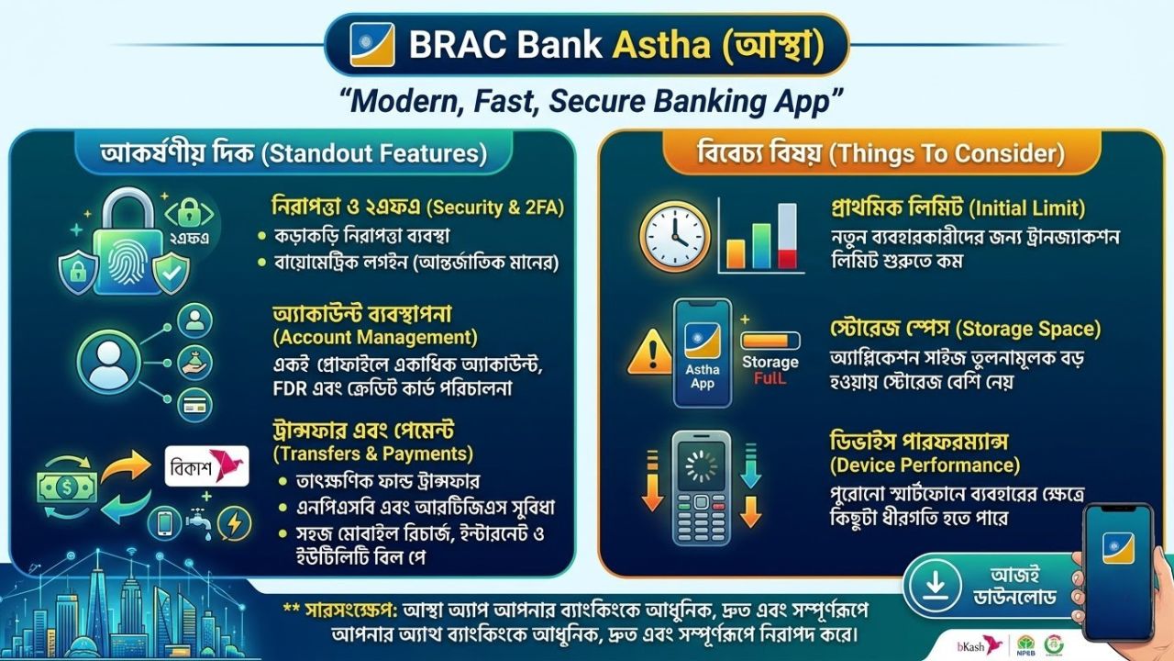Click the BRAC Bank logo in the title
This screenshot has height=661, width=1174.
(x=372, y=43)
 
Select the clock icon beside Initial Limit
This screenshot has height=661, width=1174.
(x=675, y=237)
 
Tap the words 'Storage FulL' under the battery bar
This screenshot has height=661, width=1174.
(x=770, y=370)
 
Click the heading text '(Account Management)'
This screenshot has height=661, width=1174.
(x=375, y=336)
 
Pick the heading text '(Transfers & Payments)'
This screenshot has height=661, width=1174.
(x=373, y=453)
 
